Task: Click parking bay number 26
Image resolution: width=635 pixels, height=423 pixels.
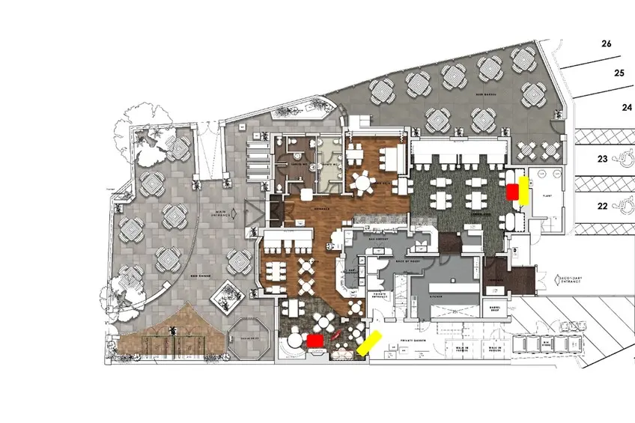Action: [607, 44]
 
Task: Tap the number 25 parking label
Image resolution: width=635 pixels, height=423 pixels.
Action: [619, 73]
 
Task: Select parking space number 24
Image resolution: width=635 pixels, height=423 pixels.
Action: [627, 107]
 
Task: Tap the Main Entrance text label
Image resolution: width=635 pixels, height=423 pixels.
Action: [222, 213]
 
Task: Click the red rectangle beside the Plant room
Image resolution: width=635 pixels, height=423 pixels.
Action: [512, 192]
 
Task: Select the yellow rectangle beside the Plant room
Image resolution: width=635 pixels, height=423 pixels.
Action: [524, 190]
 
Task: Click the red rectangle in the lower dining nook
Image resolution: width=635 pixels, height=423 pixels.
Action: [315, 340]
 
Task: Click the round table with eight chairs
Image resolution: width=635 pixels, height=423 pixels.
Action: [363, 182]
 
